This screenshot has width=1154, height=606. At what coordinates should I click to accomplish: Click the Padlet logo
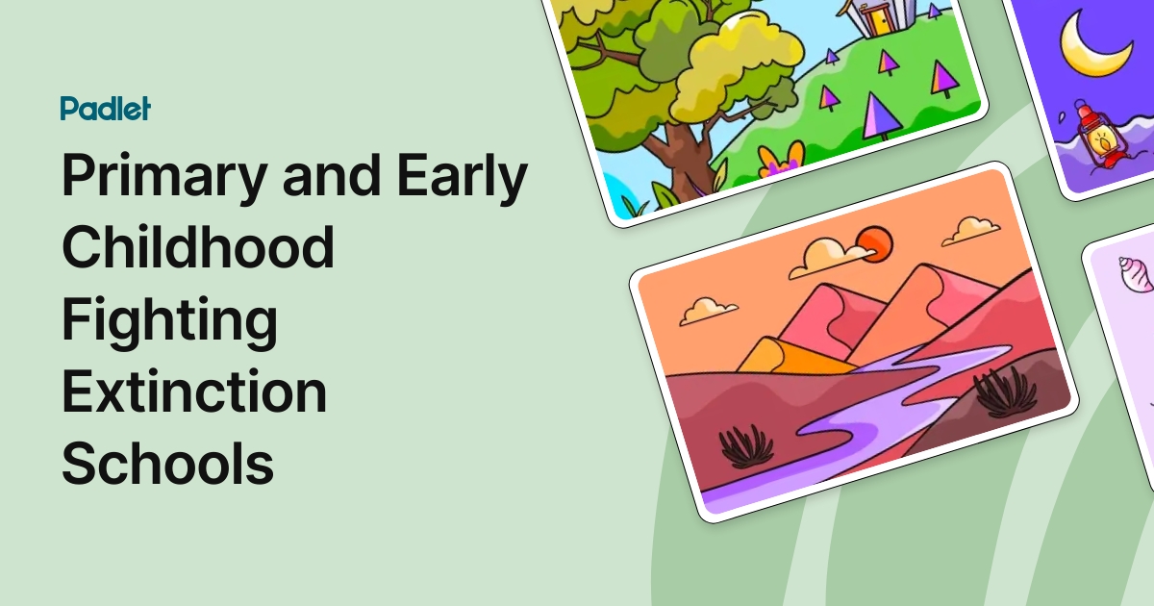pyautogui.click(x=105, y=109)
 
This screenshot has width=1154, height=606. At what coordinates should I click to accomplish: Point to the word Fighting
pyautogui.click(x=170, y=320)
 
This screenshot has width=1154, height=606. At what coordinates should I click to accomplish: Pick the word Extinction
pyautogui.click(x=194, y=391)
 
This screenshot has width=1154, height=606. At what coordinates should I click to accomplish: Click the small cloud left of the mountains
pyautogui.click(x=708, y=311)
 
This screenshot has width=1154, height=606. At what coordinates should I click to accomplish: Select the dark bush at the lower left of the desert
pyautogui.click(x=746, y=446)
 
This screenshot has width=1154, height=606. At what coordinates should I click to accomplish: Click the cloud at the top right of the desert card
pyautogui.click(x=971, y=231)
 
